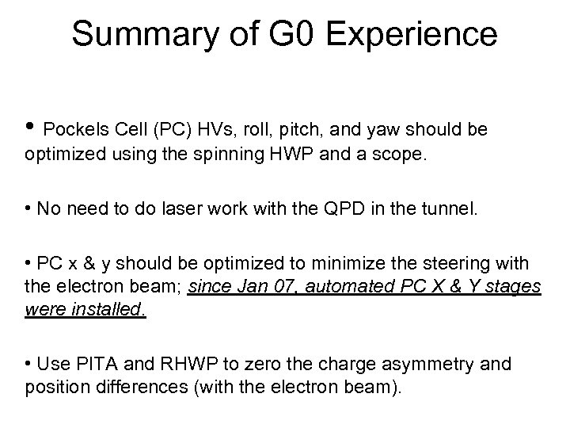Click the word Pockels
[x=73, y=129]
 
